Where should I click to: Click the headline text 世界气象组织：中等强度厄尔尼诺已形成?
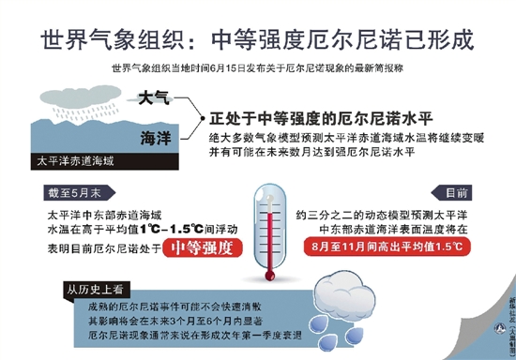click(x=257, y=40)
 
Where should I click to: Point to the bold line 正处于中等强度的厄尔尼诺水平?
click(x=320, y=119)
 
